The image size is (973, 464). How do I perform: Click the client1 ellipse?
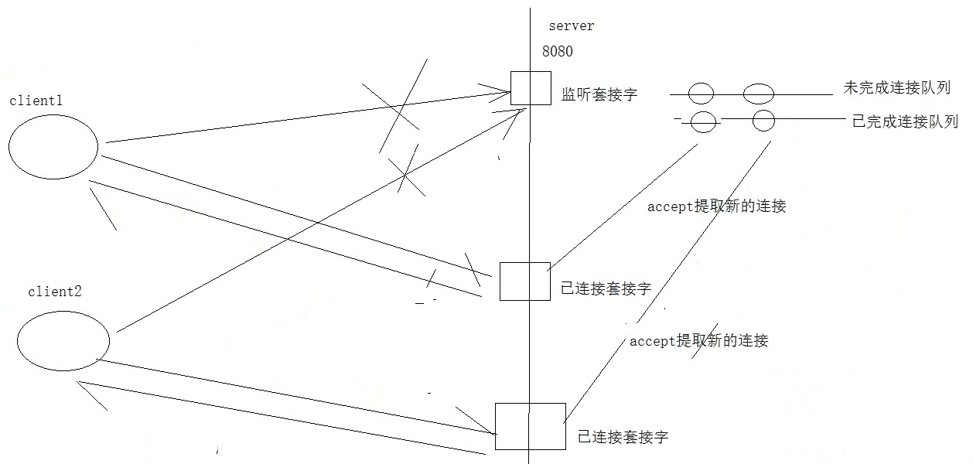tap(54, 147)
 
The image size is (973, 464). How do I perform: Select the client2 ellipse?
tap(63, 342)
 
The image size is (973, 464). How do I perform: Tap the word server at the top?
tap(572, 26)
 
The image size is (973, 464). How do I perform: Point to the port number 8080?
tap(558, 52)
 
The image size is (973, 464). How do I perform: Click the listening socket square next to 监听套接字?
tap(531, 88)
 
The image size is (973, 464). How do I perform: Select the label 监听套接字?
tap(599, 96)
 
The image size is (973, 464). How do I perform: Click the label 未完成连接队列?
tap(896, 88)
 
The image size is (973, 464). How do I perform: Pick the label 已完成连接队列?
tap(905, 121)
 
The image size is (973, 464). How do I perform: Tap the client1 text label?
tap(36, 101)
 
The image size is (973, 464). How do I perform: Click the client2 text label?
tap(54, 292)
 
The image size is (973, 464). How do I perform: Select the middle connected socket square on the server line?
tap(525, 281)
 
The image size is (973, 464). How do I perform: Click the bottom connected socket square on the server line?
tap(530, 426)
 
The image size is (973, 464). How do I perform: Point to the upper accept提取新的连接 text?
tap(716, 206)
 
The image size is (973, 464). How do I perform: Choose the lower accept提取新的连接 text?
tap(698, 341)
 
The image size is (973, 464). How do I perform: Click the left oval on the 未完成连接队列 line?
tap(701, 94)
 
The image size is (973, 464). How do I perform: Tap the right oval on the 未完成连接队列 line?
tap(759, 94)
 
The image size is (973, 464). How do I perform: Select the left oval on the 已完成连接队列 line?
tap(704, 121)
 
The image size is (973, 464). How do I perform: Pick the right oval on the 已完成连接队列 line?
tap(763, 121)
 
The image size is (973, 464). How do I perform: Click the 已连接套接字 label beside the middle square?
tap(606, 289)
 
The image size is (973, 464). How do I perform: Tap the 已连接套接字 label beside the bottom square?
tap(623, 438)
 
